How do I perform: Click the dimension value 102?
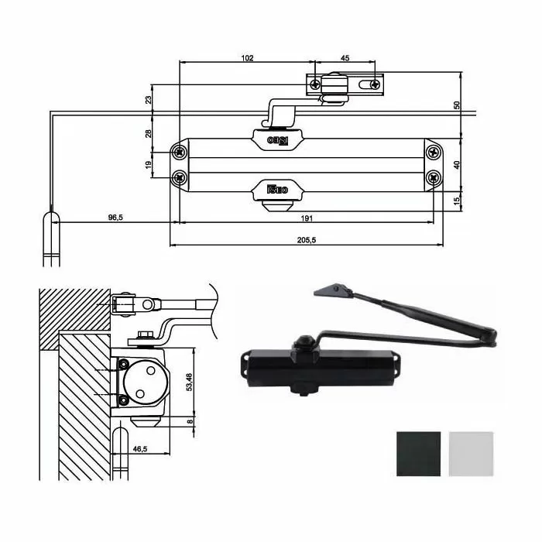246,58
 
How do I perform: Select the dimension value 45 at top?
345,58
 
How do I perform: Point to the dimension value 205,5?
307,239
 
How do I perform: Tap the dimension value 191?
307,218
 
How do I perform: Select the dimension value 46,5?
140,448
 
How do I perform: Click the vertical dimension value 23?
149,99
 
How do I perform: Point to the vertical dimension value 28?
149,134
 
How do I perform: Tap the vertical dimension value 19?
149,164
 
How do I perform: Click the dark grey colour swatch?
418,455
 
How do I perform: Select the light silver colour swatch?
470,455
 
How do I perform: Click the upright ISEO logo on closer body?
277,188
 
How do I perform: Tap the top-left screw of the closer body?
180,149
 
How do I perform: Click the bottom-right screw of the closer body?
434,177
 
